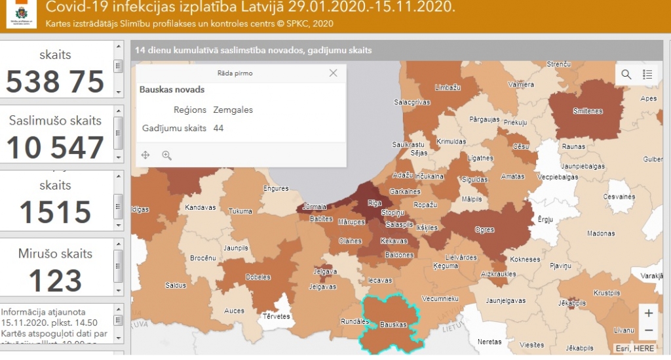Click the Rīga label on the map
pyautogui.click(x=374, y=203)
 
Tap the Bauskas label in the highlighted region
pyautogui.click(x=394, y=325)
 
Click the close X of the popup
pyautogui.click(x=333, y=73)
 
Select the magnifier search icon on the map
pyautogui.click(x=626, y=74)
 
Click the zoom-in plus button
pyautogui.click(x=648, y=313)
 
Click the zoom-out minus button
pyautogui.click(x=648, y=330)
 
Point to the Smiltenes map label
pyautogui.click(x=587, y=111)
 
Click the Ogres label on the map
pyautogui.click(x=486, y=230)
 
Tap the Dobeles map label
pyautogui.click(x=258, y=277)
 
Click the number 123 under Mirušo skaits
pyautogui.click(x=56, y=280)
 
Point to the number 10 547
pyautogui.click(x=56, y=148)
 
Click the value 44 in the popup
pyautogui.click(x=218, y=128)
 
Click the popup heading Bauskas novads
pyautogui.click(x=172, y=89)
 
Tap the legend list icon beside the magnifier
pyautogui.click(x=647, y=74)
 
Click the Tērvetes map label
pyautogui.click(x=276, y=316)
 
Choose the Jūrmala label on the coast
pyautogui.click(x=315, y=207)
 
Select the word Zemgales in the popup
pyautogui.click(x=233, y=110)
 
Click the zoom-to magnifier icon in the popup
pyautogui.click(x=166, y=155)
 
